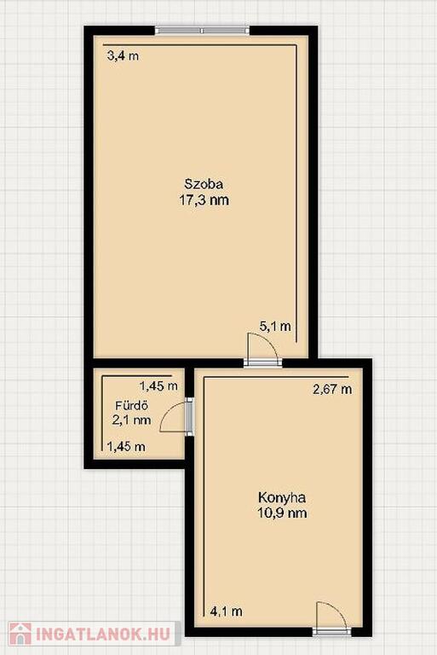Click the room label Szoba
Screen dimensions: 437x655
coord(204,184)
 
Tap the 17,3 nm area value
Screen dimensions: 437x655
coord(204,200)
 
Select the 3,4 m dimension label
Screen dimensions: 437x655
coord(124,55)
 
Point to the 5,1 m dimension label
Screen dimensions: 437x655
coord(275,327)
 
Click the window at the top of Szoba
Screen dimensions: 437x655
coord(203,30)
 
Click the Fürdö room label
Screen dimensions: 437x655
coord(132,406)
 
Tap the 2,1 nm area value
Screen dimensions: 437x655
coord(131,420)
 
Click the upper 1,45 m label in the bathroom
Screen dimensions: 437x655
coord(158,386)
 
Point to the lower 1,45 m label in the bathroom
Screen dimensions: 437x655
coord(126,447)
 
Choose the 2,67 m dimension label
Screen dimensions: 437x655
coord(332,389)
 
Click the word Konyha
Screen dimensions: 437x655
coord(282,497)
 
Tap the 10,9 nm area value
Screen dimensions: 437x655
coord(282,513)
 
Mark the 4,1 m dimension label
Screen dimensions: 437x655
coord(227,612)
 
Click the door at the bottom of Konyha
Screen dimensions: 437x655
coord(331,619)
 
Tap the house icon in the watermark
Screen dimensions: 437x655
coord(20,635)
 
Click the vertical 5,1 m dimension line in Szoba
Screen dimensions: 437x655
coord(296,194)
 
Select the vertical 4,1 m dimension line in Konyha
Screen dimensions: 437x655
coord(204,496)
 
